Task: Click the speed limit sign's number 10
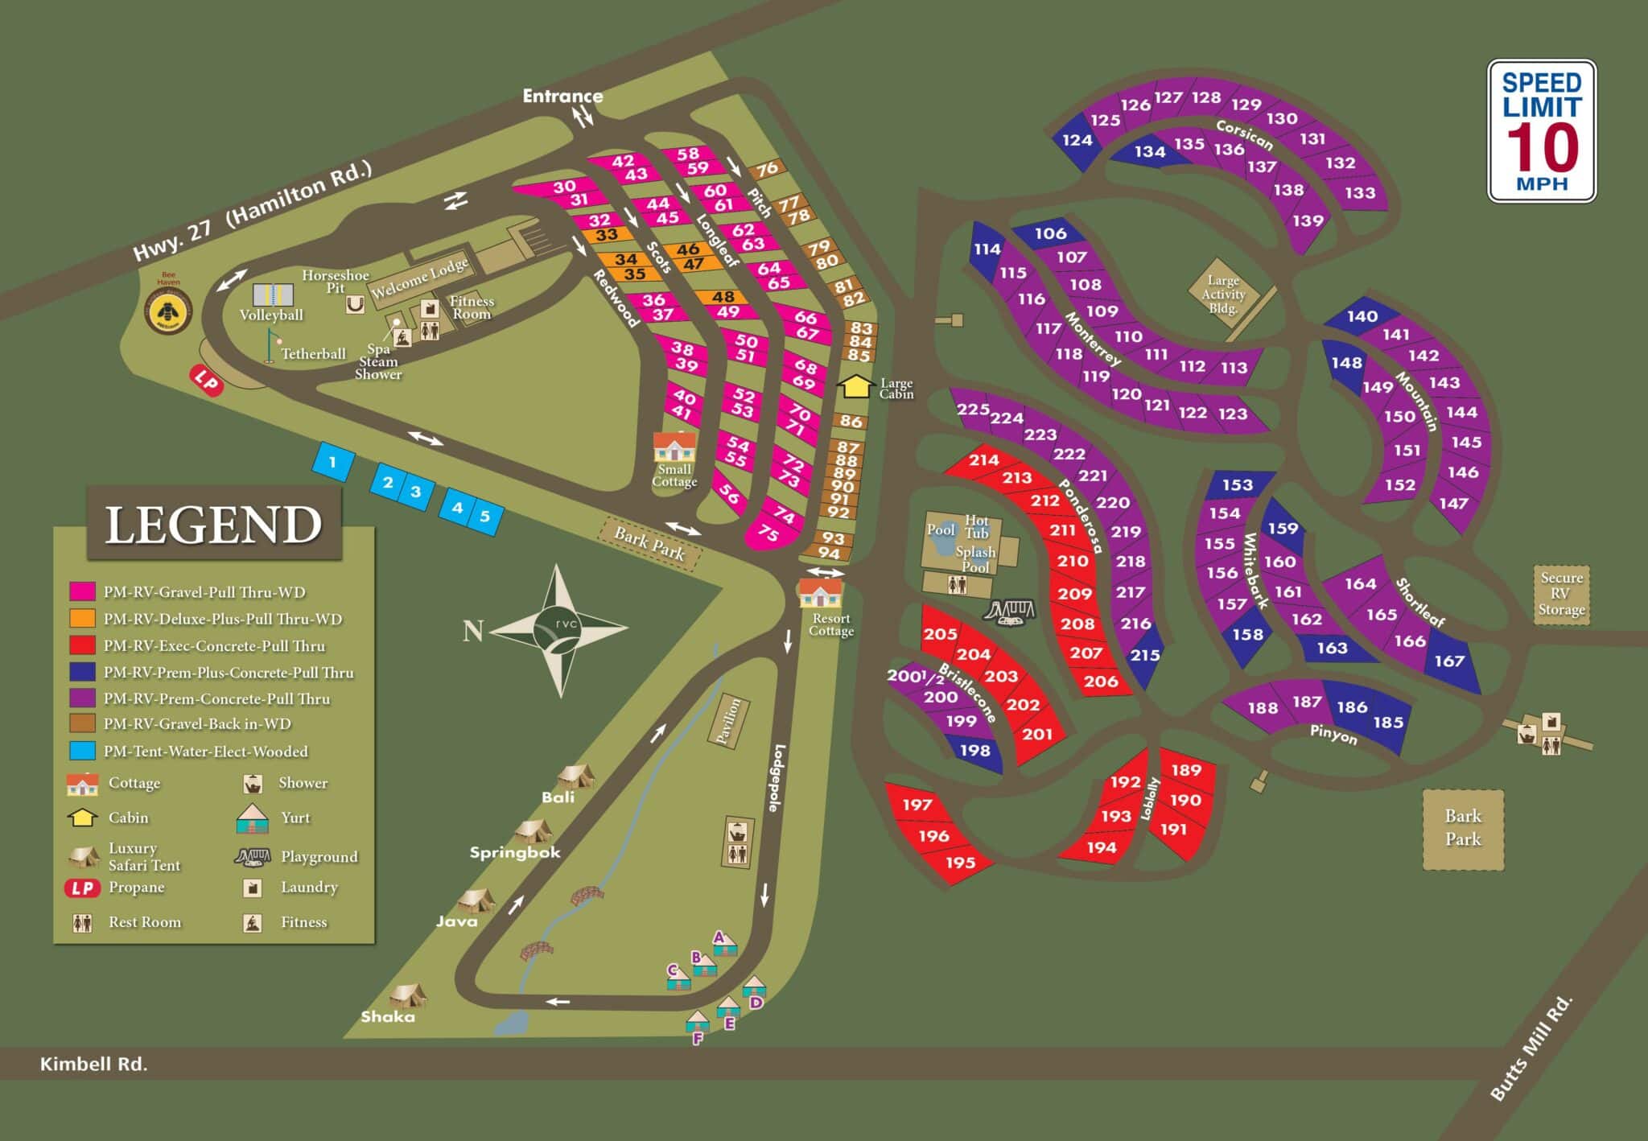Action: coord(1542,148)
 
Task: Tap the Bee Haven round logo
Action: coord(168,310)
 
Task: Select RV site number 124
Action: coord(1077,141)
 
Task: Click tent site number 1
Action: coord(332,463)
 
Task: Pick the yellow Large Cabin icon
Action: coord(855,386)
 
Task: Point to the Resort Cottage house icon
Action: coord(820,593)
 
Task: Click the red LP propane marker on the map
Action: coord(207,381)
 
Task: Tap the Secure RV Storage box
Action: coord(1560,594)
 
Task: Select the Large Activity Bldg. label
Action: coord(1222,294)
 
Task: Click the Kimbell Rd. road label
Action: coord(93,1064)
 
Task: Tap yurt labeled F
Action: coord(697,1022)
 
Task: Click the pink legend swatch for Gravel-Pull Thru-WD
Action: coord(82,592)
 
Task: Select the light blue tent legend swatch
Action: coord(82,751)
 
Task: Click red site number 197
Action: coord(917,804)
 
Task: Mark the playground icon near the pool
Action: coord(1008,612)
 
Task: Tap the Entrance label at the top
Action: coord(562,96)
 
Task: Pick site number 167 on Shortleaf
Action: coord(1448,661)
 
